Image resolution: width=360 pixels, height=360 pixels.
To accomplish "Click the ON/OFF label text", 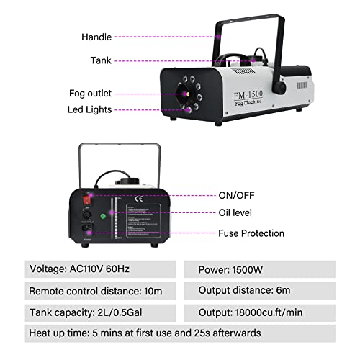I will point(236,195).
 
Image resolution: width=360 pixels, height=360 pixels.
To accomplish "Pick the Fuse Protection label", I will point(251,233).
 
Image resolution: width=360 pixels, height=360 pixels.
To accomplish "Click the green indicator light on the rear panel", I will point(104,214).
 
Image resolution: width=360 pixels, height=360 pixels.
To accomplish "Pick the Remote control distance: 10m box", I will point(99,292).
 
